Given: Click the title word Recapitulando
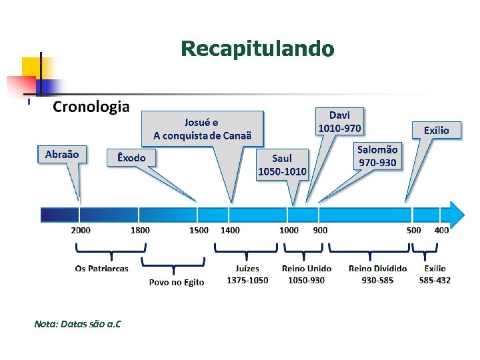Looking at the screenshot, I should tap(257, 49).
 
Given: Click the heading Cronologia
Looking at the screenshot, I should tap(91, 107).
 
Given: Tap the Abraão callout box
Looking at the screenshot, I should tap(62, 155).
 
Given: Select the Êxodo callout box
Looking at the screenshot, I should tap(135, 157).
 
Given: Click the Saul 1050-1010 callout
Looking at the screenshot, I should tap(282, 165).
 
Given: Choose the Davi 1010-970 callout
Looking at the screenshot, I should tap(339, 121).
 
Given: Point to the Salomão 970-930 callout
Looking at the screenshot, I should tap(377, 156).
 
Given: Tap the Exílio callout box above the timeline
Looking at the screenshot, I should tap(437, 130).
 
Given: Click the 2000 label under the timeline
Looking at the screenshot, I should tap(81, 230).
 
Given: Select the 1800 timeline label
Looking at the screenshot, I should tap(140, 230).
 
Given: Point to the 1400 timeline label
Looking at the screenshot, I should tap(230, 230).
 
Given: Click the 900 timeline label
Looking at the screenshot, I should tap(320, 230).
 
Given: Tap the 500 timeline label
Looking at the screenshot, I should tap(414, 230).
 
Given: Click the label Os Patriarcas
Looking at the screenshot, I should tap(102, 269).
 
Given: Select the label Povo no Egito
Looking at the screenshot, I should tap(177, 282).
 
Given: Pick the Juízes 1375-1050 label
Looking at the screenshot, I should tap(247, 274).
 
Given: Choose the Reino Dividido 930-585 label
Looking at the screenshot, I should tap(377, 274).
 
